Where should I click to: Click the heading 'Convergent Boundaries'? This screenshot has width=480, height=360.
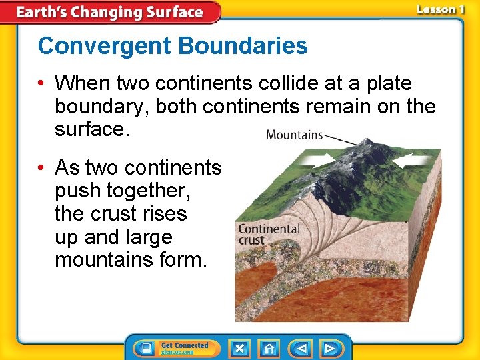click(x=173, y=46)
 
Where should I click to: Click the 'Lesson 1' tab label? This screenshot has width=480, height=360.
click(x=440, y=10)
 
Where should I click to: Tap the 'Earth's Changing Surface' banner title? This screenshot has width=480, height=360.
click(x=109, y=12)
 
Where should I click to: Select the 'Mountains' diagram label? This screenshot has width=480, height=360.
click(x=293, y=135)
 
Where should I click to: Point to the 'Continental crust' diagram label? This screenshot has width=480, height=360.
click(x=269, y=234)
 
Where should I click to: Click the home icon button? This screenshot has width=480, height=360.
click(x=269, y=348)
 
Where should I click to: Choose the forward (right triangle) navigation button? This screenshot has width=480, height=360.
click(x=329, y=348)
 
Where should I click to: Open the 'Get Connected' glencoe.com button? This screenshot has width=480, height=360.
click(x=184, y=348)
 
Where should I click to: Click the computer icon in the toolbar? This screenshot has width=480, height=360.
click(x=146, y=348)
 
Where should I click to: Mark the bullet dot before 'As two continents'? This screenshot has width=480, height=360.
click(x=42, y=167)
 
